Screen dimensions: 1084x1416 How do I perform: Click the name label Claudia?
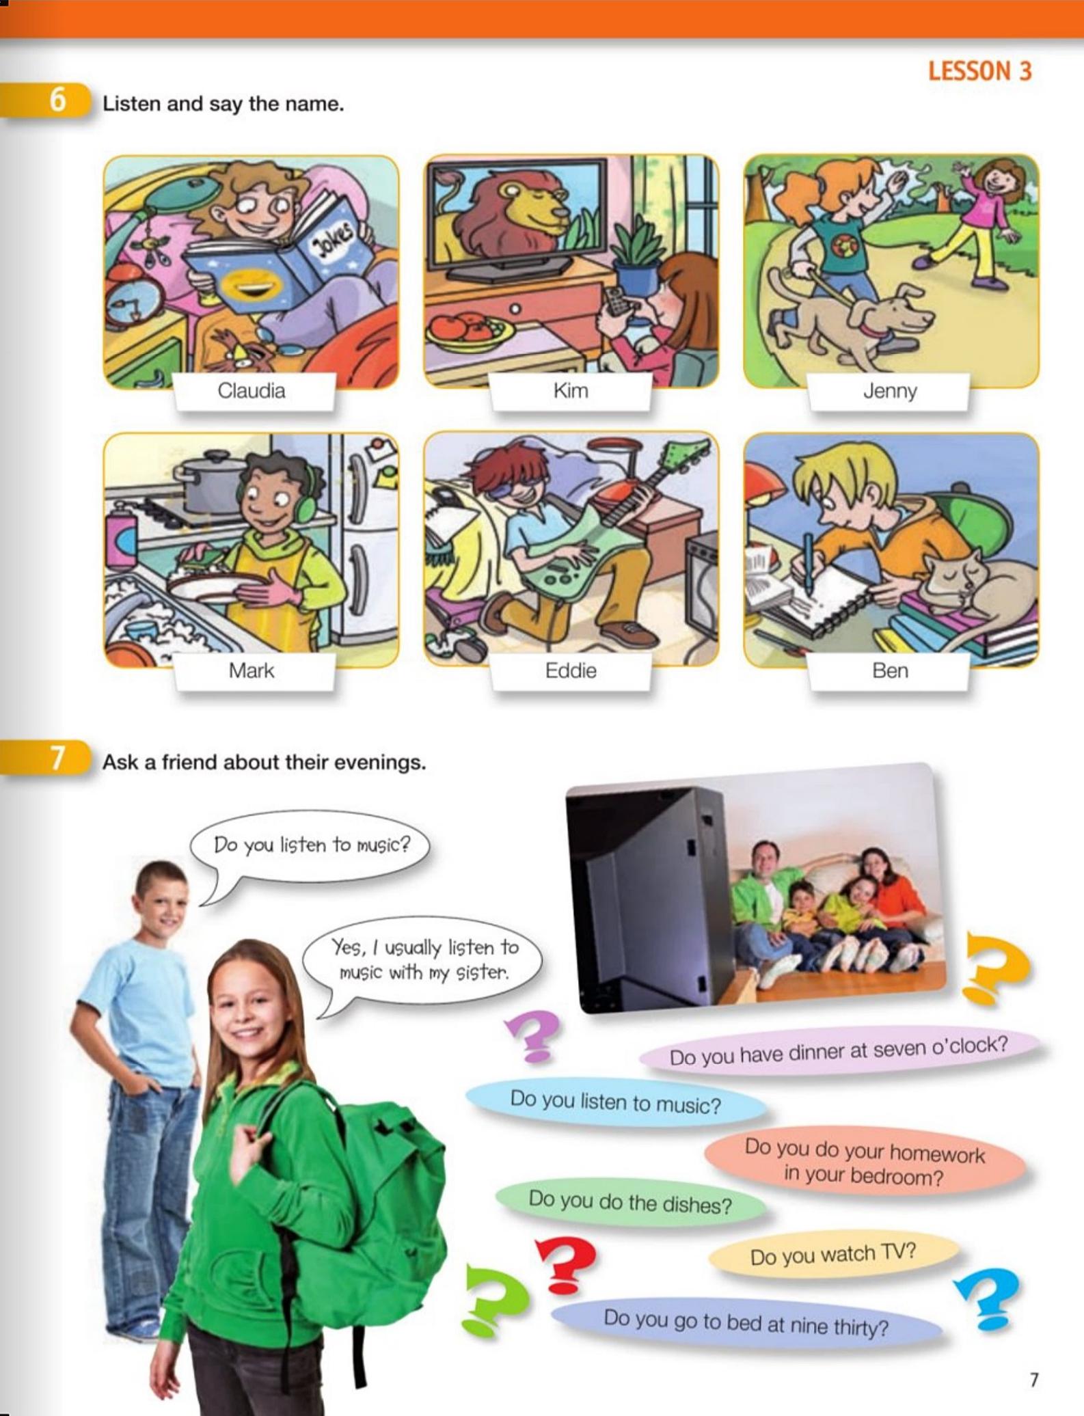[252, 391]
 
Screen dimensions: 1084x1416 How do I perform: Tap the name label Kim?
[571, 391]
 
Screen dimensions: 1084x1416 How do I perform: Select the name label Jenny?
[889, 391]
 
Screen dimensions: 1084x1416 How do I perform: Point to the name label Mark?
[252, 670]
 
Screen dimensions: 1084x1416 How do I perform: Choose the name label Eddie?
[571, 670]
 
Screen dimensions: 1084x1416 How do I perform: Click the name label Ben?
[889, 670]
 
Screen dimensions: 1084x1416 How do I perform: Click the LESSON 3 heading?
[979, 71]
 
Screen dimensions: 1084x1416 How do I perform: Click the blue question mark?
[988, 1300]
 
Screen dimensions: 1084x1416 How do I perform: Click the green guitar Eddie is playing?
[601, 540]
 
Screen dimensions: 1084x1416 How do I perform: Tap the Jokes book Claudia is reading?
[280, 263]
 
